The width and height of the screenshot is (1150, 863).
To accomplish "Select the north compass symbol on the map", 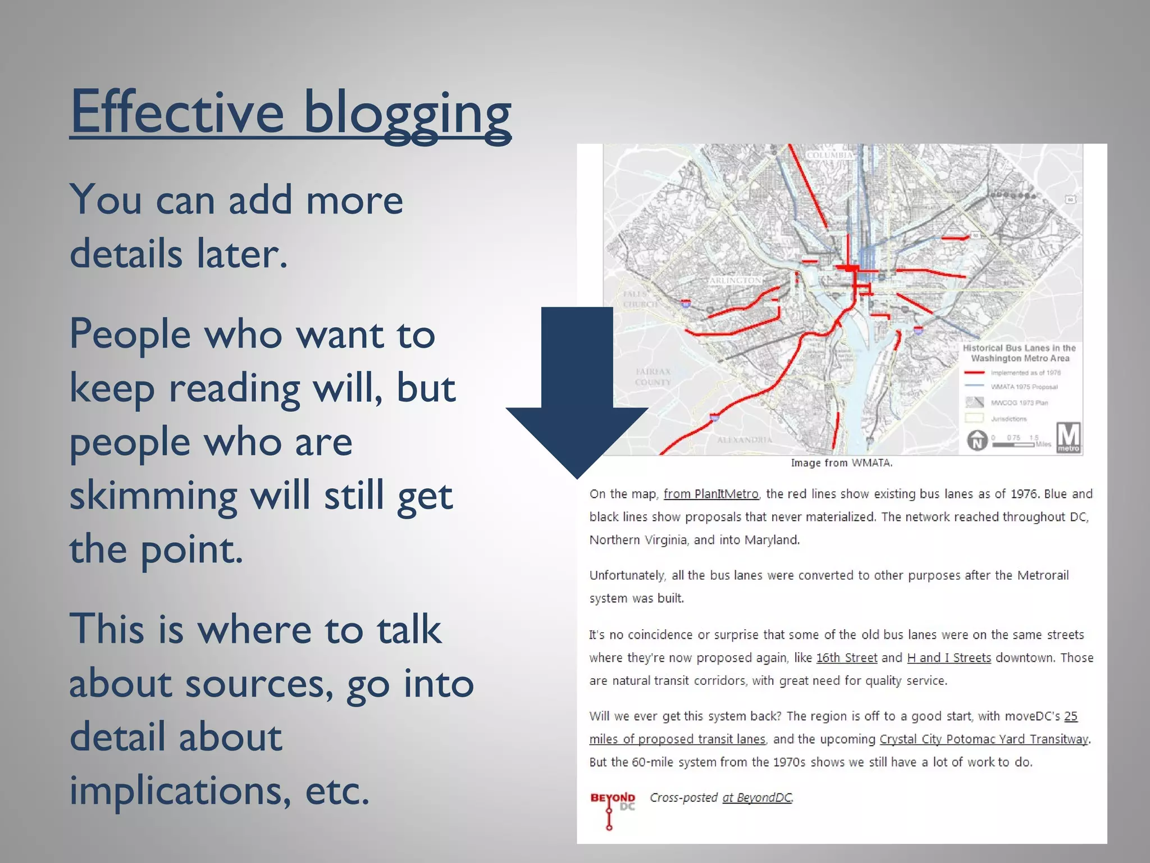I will click(x=977, y=440).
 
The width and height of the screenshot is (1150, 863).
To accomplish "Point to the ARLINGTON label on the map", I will click(x=735, y=280).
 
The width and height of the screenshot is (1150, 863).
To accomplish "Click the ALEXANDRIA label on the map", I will click(x=744, y=439).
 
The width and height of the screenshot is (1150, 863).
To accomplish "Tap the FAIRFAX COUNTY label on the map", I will click(x=652, y=376).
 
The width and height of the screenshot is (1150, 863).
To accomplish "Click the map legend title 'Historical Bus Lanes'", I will click(x=1019, y=353).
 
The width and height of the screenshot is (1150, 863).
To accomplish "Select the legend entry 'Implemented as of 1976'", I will click(x=1025, y=373).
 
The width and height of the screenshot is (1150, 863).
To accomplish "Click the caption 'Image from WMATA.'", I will click(x=841, y=463).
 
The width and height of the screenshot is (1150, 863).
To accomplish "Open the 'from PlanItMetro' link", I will click(x=710, y=494).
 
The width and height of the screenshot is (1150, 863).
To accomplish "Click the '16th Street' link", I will click(x=846, y=657).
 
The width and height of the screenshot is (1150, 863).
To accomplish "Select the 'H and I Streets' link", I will click(x=948, y=657).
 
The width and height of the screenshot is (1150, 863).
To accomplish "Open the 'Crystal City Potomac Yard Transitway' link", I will click(x=983, y=739).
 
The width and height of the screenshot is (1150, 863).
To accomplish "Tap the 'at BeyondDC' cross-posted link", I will click(x=757, y=797).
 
